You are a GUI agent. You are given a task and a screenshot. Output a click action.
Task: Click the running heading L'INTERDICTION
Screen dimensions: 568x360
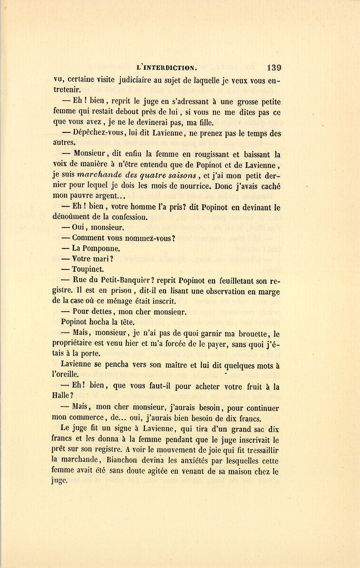[166, 68]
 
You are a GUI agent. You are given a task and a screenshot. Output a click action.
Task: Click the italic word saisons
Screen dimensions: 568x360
[181, 175]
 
